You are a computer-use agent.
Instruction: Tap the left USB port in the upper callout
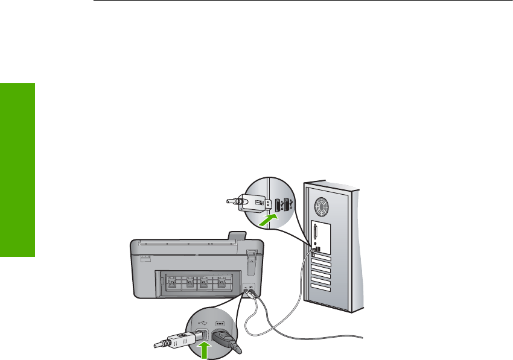(278, 205)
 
